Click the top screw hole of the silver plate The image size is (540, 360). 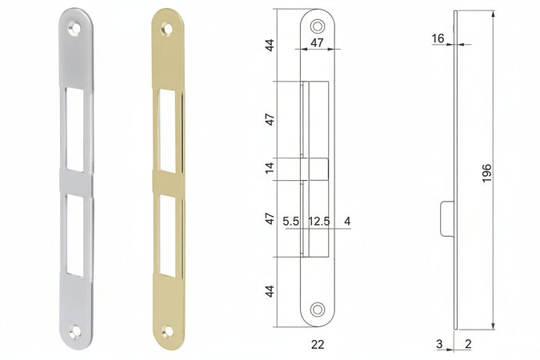tap(74, 28)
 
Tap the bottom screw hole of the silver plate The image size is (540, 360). tap(74, 332)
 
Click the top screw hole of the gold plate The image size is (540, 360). tap(167, 29)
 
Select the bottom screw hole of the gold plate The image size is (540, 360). tap(168, 332)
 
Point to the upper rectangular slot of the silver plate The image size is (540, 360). tap(74, 130)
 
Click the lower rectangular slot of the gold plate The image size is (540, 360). tap(168, 236)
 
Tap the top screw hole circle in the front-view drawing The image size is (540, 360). tap(317, 26)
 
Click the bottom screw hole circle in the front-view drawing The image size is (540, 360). tap(317, 309)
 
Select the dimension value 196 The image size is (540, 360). tap(486, 173)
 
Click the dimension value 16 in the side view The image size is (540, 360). tap(438, 38)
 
